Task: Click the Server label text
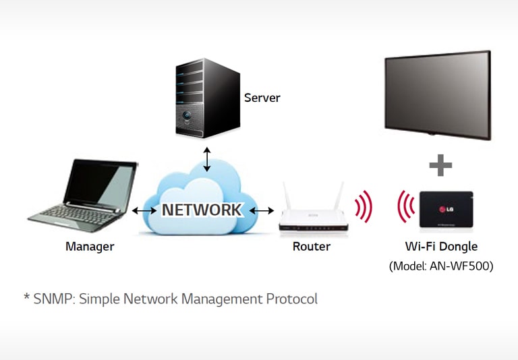pos(262,98)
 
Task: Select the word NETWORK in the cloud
pos(201,210)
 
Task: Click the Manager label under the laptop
pos(90,247)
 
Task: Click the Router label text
pos(312,247)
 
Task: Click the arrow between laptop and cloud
pos(143,210)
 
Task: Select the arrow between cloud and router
pos(261,210)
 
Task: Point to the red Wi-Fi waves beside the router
pos(364,207)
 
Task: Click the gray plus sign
pos(440,164)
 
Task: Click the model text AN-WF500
pos(463,266)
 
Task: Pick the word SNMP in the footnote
pos(53,299)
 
